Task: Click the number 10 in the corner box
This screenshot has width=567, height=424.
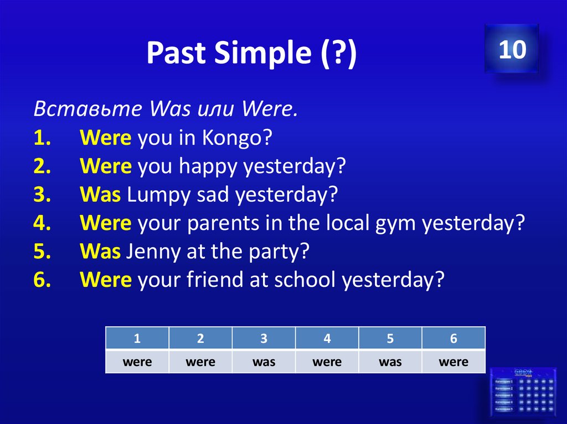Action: pyautogui.click(x=512, y=50)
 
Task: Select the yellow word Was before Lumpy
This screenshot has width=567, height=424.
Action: pyautogui.click(x=100, y=195)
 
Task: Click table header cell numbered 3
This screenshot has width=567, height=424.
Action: pyautogui.click(x=264, y=339)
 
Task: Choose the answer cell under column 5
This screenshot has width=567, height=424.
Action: pyautogui.click(x=390, y=362)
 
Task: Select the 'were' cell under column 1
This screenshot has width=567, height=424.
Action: pyautogui.click(x=137, y=362)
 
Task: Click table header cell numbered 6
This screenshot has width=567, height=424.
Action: pyautogui.click(x=453, y=339)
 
